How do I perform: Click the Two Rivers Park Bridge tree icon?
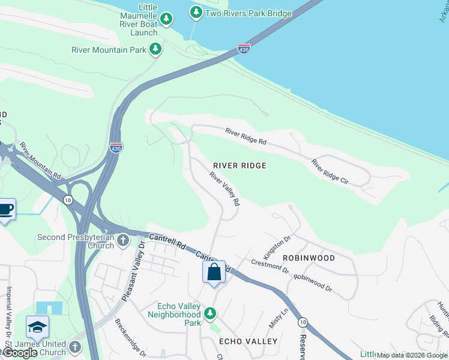196,12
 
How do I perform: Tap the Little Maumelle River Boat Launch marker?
166,21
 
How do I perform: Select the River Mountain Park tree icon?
155,49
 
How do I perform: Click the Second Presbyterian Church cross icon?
123,241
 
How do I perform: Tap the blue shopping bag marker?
214,272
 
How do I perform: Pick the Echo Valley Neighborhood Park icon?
209,313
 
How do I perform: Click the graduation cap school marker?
37,327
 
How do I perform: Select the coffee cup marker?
5,209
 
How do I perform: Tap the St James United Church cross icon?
74,347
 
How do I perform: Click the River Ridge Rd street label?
246,136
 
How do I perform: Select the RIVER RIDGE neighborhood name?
240,165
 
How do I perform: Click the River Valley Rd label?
224,189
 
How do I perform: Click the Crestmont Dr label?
270,266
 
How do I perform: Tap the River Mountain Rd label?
40,160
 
